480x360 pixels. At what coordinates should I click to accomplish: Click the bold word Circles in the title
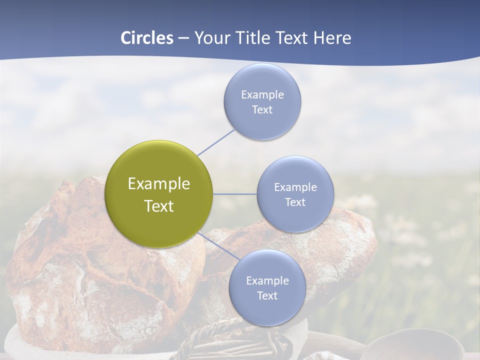click(x=147, y=38)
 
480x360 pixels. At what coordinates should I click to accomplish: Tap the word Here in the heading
click(x=332, y=38)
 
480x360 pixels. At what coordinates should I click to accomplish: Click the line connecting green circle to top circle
click(x=216, y=142)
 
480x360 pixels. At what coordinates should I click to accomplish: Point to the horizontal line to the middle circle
click(x=235, y=194)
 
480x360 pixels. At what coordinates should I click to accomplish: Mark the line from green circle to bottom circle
click(x=219, y=246)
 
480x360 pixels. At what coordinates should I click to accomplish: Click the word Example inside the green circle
click(x=159, y=184)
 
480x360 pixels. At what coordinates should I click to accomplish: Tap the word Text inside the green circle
click(x=159, y=206)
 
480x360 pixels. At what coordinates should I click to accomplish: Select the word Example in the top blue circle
click(x=262, y=94)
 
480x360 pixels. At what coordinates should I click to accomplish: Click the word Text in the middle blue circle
click(x=295, y=202)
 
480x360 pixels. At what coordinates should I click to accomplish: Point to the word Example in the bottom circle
click(x=267, y=280)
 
